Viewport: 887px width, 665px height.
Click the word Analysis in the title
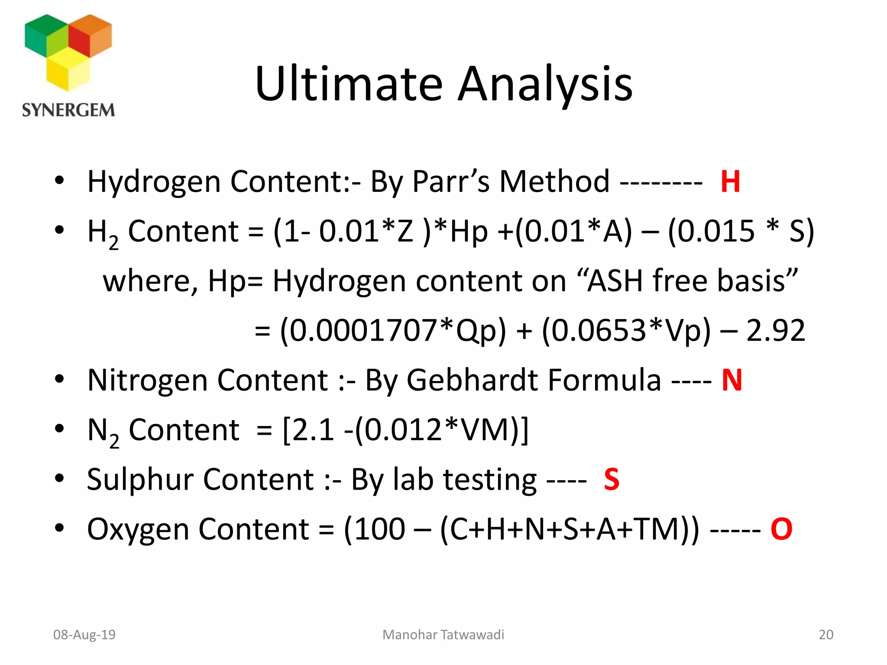point(545,84)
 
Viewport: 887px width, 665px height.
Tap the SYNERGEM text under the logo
point(68,110)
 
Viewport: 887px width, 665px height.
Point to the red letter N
point(732,380)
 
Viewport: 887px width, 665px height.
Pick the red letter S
point(612,479)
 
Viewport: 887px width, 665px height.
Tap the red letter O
point(781,529)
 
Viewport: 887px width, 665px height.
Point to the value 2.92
point(776,330)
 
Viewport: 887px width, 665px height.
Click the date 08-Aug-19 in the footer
point(84,635)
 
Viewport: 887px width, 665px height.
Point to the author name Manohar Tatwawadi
point(443,635)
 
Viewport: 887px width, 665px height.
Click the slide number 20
point(826,635)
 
